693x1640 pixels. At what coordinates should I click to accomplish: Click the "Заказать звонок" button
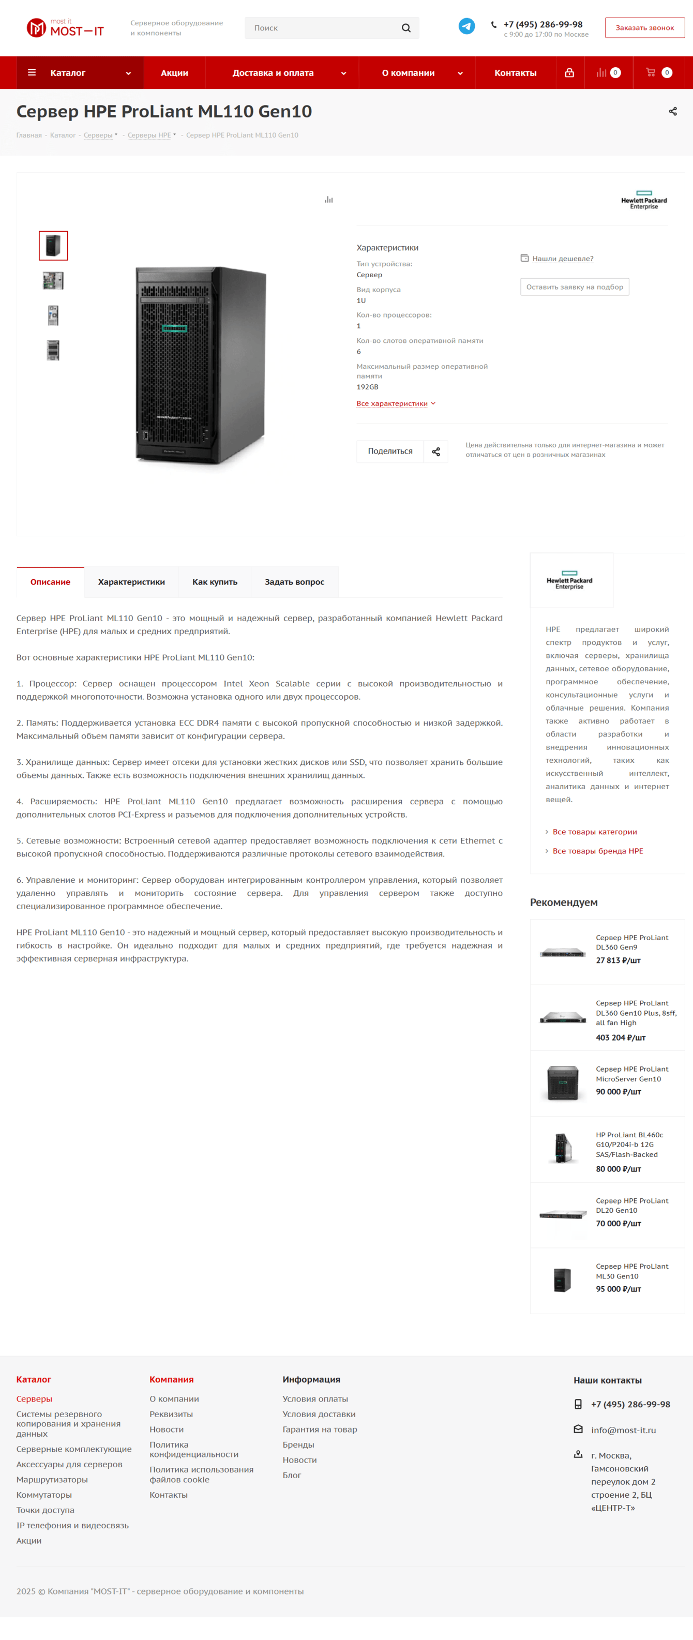[644, 28]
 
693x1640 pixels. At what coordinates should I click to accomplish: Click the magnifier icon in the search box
[406, 28]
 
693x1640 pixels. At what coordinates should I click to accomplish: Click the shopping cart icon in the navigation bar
[651, 72]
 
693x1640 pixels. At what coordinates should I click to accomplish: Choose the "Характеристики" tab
[131, 582]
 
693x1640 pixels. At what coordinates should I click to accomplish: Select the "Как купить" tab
[215, 582]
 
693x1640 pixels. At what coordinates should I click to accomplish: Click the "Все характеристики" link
[392, 403]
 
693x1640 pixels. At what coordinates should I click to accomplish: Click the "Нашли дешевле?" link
[563, 259]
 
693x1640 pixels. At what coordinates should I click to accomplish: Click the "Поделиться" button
[390, 452]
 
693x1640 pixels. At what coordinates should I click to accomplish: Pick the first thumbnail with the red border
[53, 246]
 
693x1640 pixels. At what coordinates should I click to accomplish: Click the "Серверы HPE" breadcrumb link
[149, 135]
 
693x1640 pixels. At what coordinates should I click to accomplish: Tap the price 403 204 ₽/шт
[621, 1037]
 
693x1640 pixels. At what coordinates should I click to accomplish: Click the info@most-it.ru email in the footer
[623, 1430]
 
